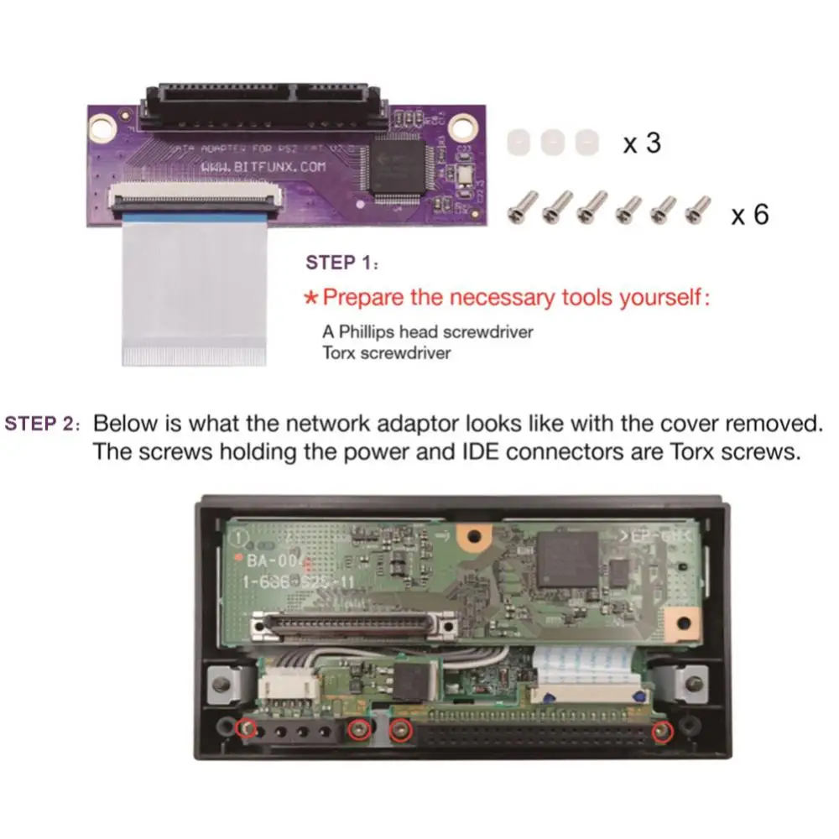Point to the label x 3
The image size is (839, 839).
click(x=641, y=143)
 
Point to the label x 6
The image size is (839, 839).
click(x=749, y=215)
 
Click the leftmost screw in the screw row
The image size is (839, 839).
click(x=524, y=206)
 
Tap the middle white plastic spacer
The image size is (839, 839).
click(x=552, y=142)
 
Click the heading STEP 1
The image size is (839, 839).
click(x=339, y=263)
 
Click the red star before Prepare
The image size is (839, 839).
click(x=310, y=297)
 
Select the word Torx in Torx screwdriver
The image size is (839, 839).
click(x=338, y=352)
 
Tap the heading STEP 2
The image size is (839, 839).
click(x=40, y=423)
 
